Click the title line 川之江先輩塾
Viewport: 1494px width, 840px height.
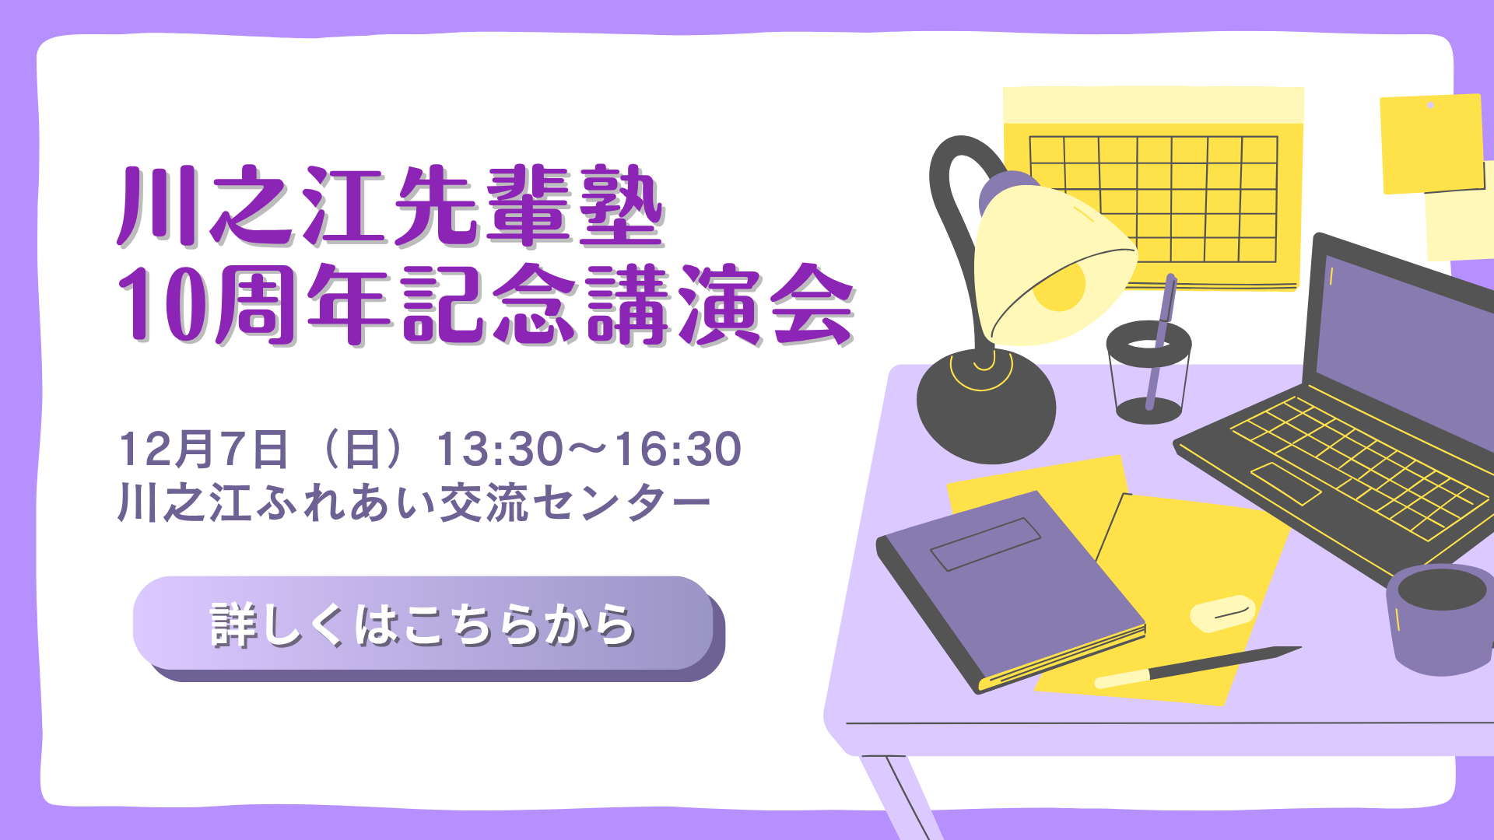click(x=391, y=205)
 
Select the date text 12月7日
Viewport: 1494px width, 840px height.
click(x=204, y=449)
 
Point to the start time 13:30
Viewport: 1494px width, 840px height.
click(x=499, y=449)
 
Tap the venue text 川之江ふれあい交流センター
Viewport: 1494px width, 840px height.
click(x=414, y=503)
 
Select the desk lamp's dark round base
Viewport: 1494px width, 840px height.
click(x=986, y=407)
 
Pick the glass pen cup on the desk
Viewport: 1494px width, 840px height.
click(x=1149, y=372)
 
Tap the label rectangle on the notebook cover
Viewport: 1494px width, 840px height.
click(x=986, y=544)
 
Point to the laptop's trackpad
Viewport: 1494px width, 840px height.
click(x=1285, y=484)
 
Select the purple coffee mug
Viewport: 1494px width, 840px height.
click(x=1440, y=619)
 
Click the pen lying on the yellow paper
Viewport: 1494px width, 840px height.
click(x=1198, y=667)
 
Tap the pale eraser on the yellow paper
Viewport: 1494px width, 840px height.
click(x=1222, y=614)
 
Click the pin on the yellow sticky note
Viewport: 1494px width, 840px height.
click(x=1430, y=105)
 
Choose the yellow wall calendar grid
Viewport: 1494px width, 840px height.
click(x=1153, y=199)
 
